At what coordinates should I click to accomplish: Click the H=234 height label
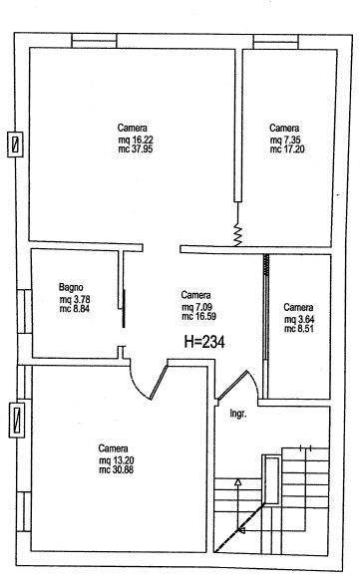click(x=204, y=342)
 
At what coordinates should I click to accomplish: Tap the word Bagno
click(x=71, y=287)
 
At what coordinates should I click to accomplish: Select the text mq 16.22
click(x=136, y=140)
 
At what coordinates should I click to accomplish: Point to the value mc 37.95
click(x=136, y=148)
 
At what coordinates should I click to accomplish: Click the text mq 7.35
click(x=285, y=141)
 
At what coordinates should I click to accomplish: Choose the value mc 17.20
click(x=287, y=149)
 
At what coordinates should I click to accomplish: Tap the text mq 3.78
click(x=75, y=300)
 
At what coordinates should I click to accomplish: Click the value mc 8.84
click(x=75, y=309)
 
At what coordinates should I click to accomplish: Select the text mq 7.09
click(x=197, y=307)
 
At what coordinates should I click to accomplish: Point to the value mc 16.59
click(x=198, y=316)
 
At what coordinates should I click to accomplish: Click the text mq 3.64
click(x=299, y=320)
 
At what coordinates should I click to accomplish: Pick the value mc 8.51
click(x=299, y=329)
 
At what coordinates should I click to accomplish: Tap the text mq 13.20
click(x=117, y=460)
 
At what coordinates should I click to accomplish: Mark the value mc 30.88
click(x=117, y=469)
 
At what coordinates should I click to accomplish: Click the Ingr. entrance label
click(x=238, y=415)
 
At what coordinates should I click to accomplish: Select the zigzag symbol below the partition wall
click(x=237, y=235)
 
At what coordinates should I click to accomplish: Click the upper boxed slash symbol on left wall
click(x=16, y=145)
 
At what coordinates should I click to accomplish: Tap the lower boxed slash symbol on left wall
click(x=16, y=421)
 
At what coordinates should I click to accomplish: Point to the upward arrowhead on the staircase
click(x=237, y=481)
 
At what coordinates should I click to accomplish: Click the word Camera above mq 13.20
click(x=114, y=448)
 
